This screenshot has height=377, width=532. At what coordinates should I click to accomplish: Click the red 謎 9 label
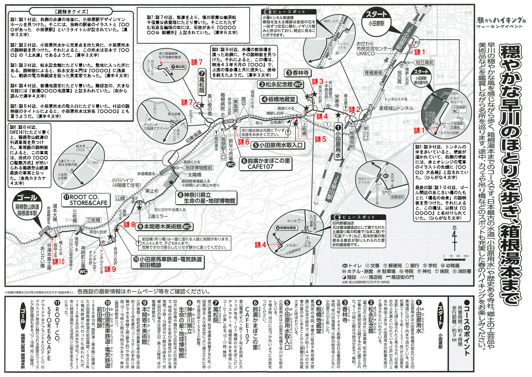(110, 269)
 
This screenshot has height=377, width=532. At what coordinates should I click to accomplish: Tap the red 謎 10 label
(58, 262)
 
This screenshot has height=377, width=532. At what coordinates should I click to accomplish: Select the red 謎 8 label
(129, 225)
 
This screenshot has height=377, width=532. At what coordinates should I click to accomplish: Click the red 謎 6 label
(243, 142)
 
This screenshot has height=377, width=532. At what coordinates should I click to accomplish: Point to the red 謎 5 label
(320, 139)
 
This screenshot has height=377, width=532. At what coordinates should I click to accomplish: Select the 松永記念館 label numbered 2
(280, 85)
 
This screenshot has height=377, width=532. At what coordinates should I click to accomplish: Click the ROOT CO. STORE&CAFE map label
(86, 200)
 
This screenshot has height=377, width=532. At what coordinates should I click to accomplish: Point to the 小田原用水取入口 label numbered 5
(278, 145)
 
